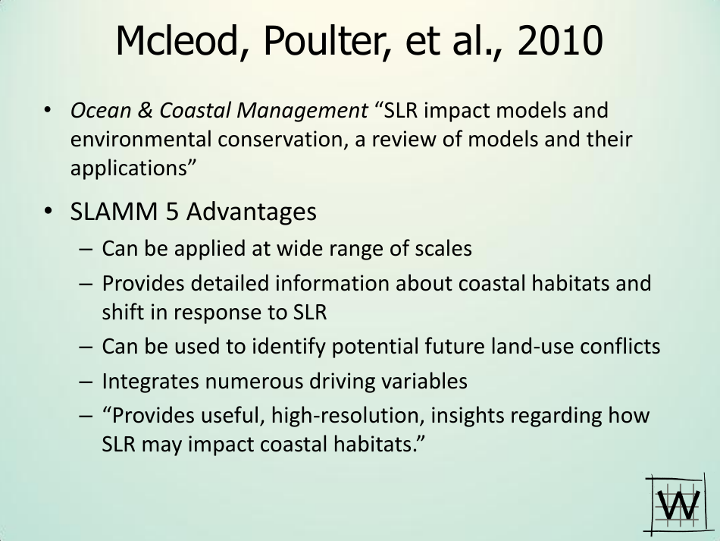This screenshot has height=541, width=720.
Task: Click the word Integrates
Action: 150,381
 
